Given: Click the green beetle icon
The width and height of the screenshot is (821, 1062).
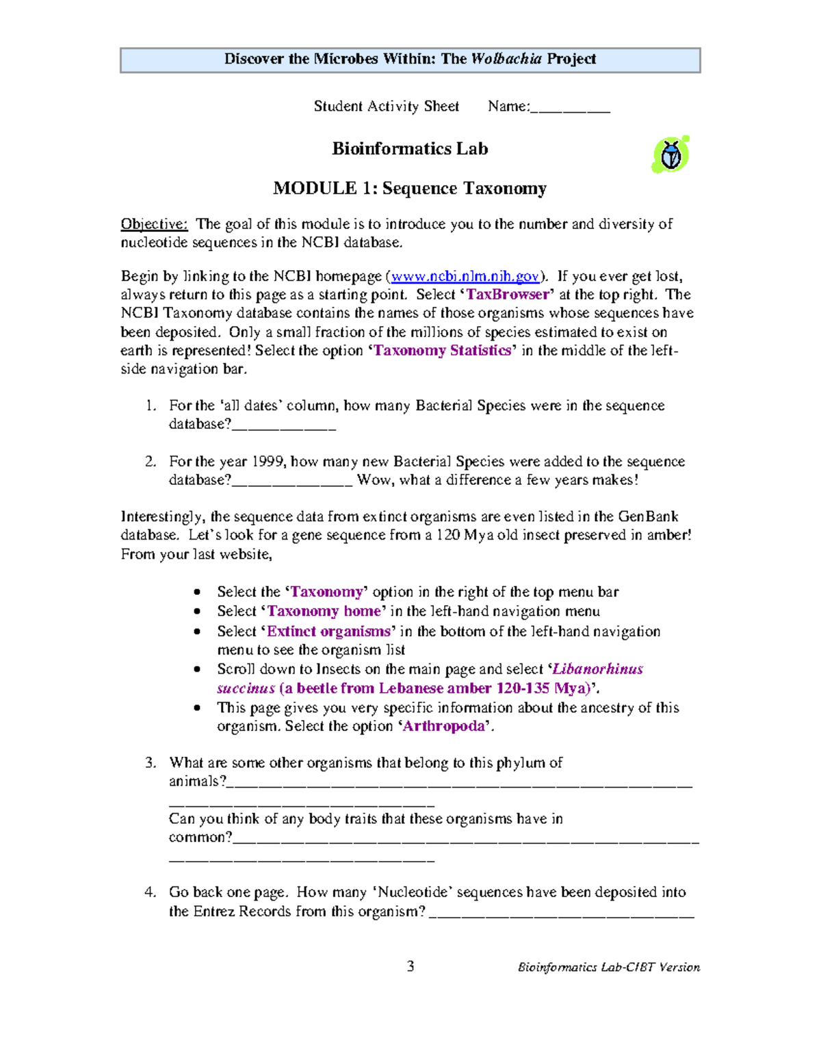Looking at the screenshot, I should [x=670, y=155].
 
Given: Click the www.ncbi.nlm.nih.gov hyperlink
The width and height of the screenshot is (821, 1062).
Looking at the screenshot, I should [x=465, y=276].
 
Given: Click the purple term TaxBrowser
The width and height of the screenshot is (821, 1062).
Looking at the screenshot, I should [x=508, y=295].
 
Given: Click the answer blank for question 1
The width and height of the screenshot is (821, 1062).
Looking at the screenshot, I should [x=284, y=425].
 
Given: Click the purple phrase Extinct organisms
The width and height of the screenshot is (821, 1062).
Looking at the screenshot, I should [x=328, y=631].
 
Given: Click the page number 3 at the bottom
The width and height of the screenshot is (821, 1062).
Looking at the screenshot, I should [x=410, y=966].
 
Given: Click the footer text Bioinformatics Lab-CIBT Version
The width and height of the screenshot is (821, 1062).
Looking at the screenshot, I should [x=608, y=967].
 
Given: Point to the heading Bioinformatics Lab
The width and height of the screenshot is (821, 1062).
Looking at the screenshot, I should [x=410, y=149].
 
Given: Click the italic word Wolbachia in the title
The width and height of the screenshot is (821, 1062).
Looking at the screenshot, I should [x=506, y=59].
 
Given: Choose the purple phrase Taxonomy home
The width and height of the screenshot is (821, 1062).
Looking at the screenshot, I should [x=324, y=611].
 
